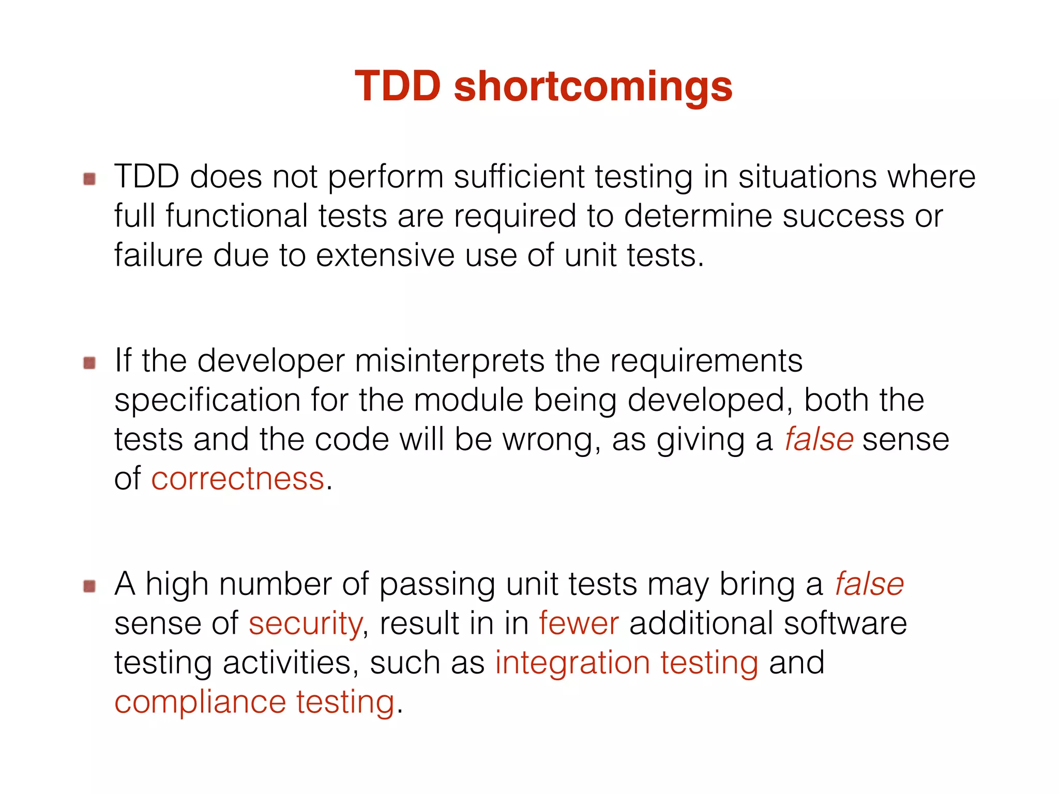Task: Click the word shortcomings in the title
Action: click(593, 87)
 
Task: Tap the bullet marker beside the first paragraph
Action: click(89, 179)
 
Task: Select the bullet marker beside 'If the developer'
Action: click(89, 363)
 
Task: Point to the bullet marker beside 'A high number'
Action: click(89, 586)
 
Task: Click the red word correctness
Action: click(237, 479)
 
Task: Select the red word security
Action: click(305, 623)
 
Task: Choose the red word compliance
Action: click(200, 703)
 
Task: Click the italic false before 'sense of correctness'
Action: click(819, 439)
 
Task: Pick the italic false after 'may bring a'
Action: click(869, 584)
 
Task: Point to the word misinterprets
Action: click(449, 361)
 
